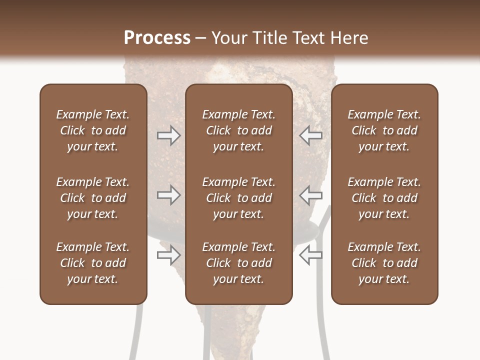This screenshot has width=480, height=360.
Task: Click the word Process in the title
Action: click(x=157, y=37)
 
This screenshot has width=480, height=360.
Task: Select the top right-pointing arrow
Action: click(x=168, y=135)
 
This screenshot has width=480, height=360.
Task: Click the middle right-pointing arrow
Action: click(x=168, y=195)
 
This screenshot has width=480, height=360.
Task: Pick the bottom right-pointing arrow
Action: click(x=168, y=255)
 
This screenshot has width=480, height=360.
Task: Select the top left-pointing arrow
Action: click(x=311, y=135)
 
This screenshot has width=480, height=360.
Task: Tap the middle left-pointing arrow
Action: click(x=311, y=195)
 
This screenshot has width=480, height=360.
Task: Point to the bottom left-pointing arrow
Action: click(x=311, y=255)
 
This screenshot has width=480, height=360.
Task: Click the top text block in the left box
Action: click(x=93, y=130)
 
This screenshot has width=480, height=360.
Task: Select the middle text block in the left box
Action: click(x=93, y=198)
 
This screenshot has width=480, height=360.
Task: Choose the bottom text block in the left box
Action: click(x=93, y=263)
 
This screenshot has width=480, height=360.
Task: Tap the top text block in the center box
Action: click(x=238, y=130)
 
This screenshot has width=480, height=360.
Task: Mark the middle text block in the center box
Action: click(x=238, y=198)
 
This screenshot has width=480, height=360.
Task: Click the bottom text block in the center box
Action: click(x=238, y=263)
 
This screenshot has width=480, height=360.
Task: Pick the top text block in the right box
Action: click(x=384, y=130)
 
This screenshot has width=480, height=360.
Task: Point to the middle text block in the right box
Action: click(x=384, y=198)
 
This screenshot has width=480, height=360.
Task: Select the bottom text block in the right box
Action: click(x=384, y=263)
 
